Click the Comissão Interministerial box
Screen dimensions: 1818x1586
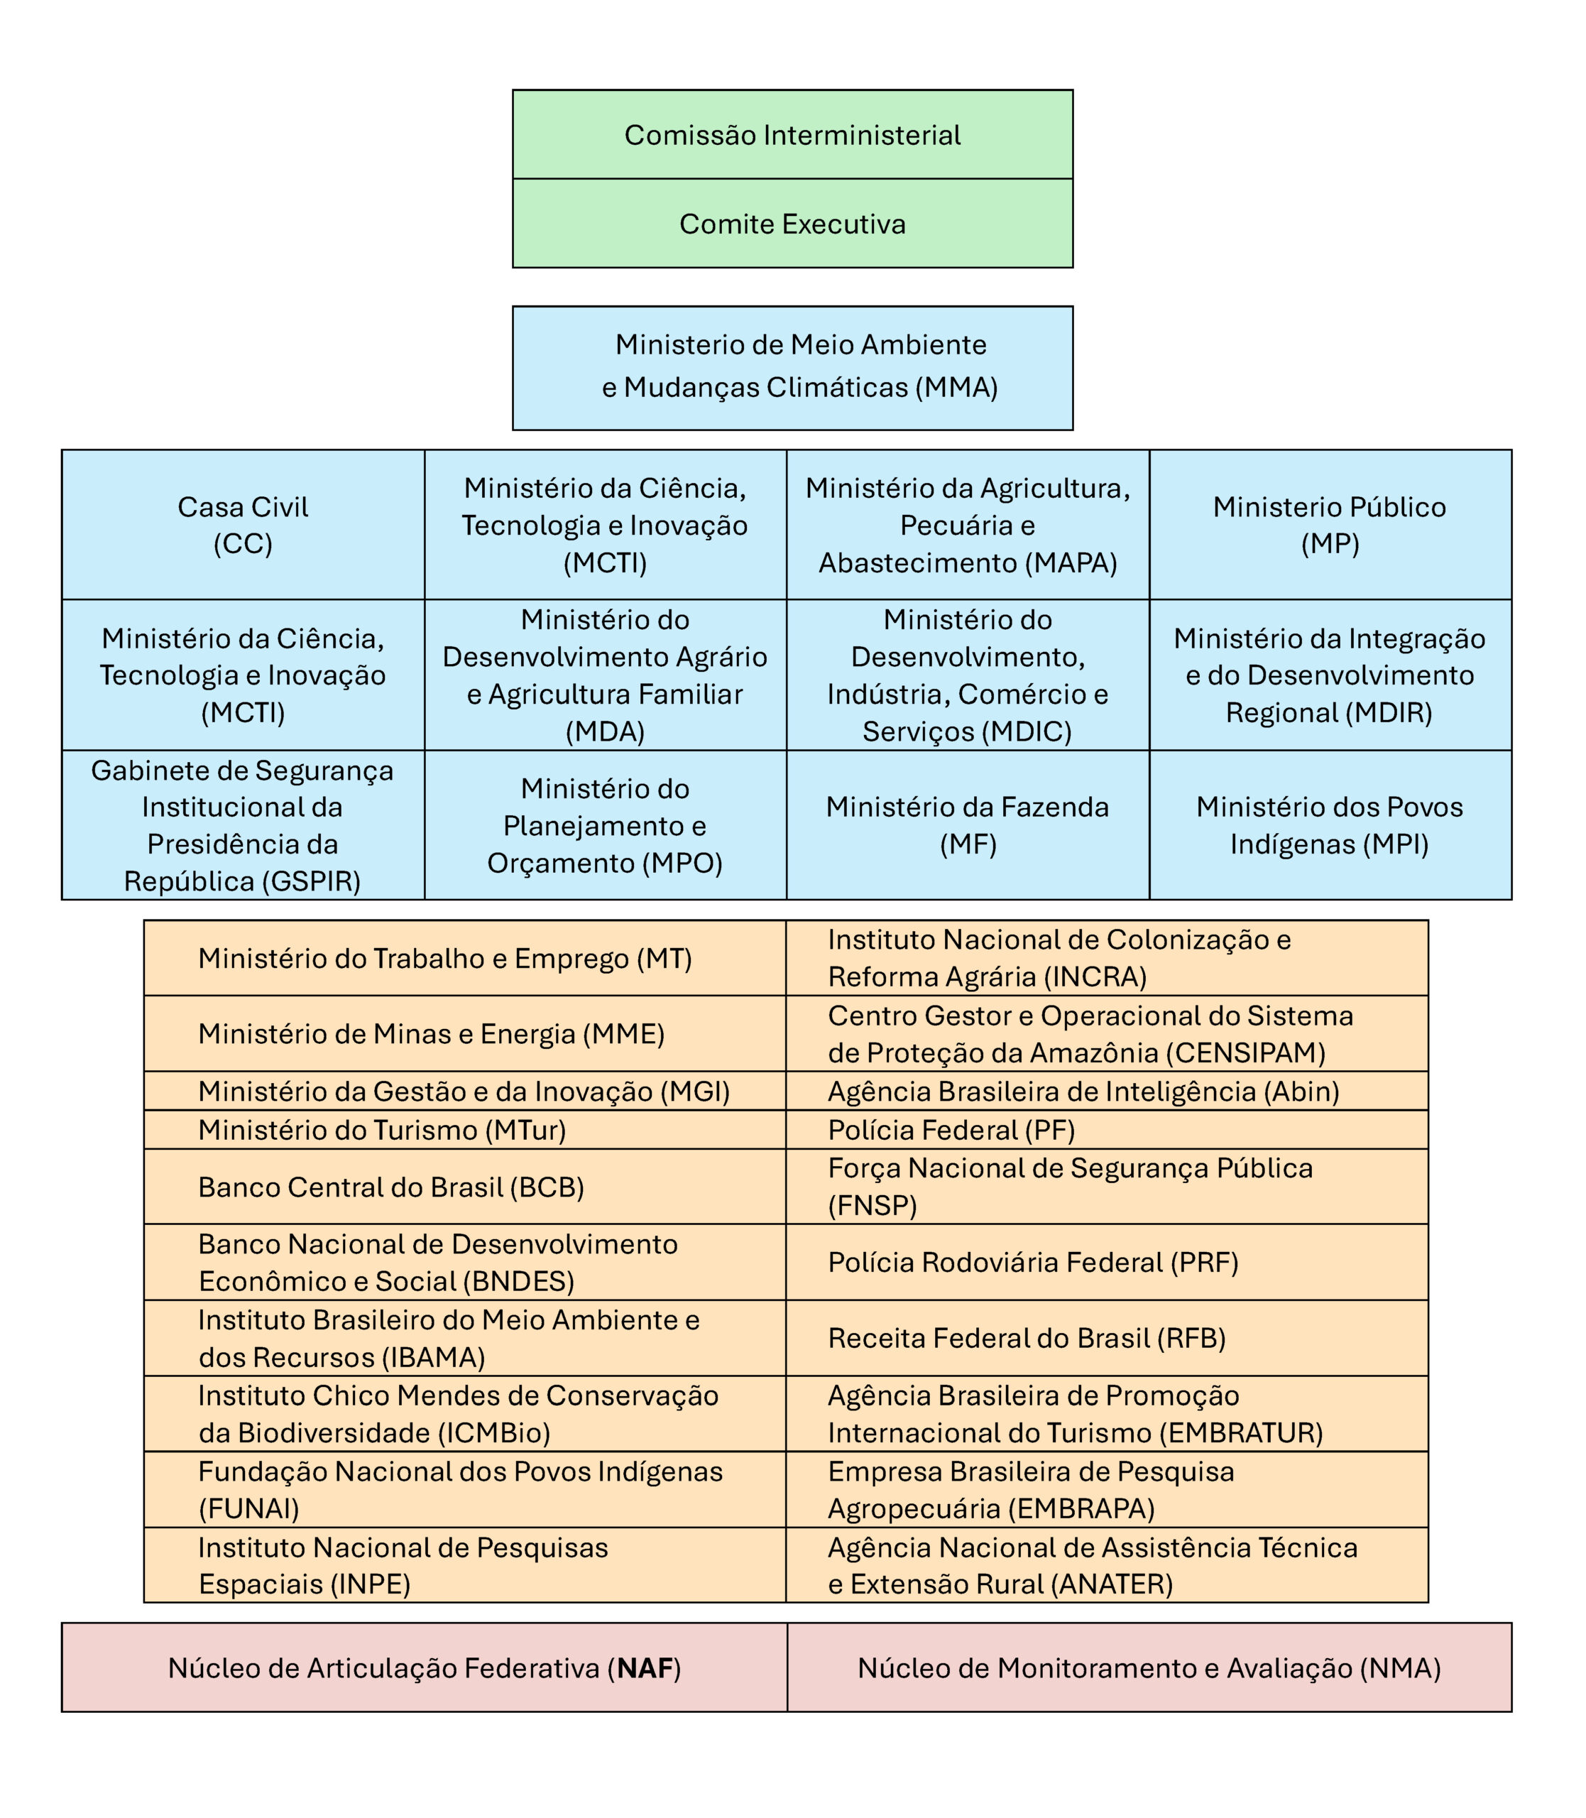pos(792,134)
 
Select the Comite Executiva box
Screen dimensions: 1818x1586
pos(792,224)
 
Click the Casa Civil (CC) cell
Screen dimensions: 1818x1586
pos(243,525)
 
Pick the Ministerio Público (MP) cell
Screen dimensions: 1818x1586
pos(1329,525)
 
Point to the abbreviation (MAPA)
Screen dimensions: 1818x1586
pos(1072,563)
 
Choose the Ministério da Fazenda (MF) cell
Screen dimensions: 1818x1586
pos(968,825)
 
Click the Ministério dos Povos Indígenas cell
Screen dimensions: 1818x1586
pos(1329,825)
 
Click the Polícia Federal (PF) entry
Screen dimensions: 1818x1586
pos(951,1131)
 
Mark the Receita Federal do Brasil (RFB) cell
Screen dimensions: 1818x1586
pos(1027,1338)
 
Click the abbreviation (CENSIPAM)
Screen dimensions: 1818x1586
pos(1245,1053)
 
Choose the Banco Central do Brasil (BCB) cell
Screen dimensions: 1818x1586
pos(391,1187)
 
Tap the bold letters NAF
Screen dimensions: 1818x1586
pos(645,1668)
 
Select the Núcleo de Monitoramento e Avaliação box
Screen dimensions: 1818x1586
pos(1149,1668)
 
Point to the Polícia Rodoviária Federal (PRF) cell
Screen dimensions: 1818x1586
pos(1033,1262)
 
